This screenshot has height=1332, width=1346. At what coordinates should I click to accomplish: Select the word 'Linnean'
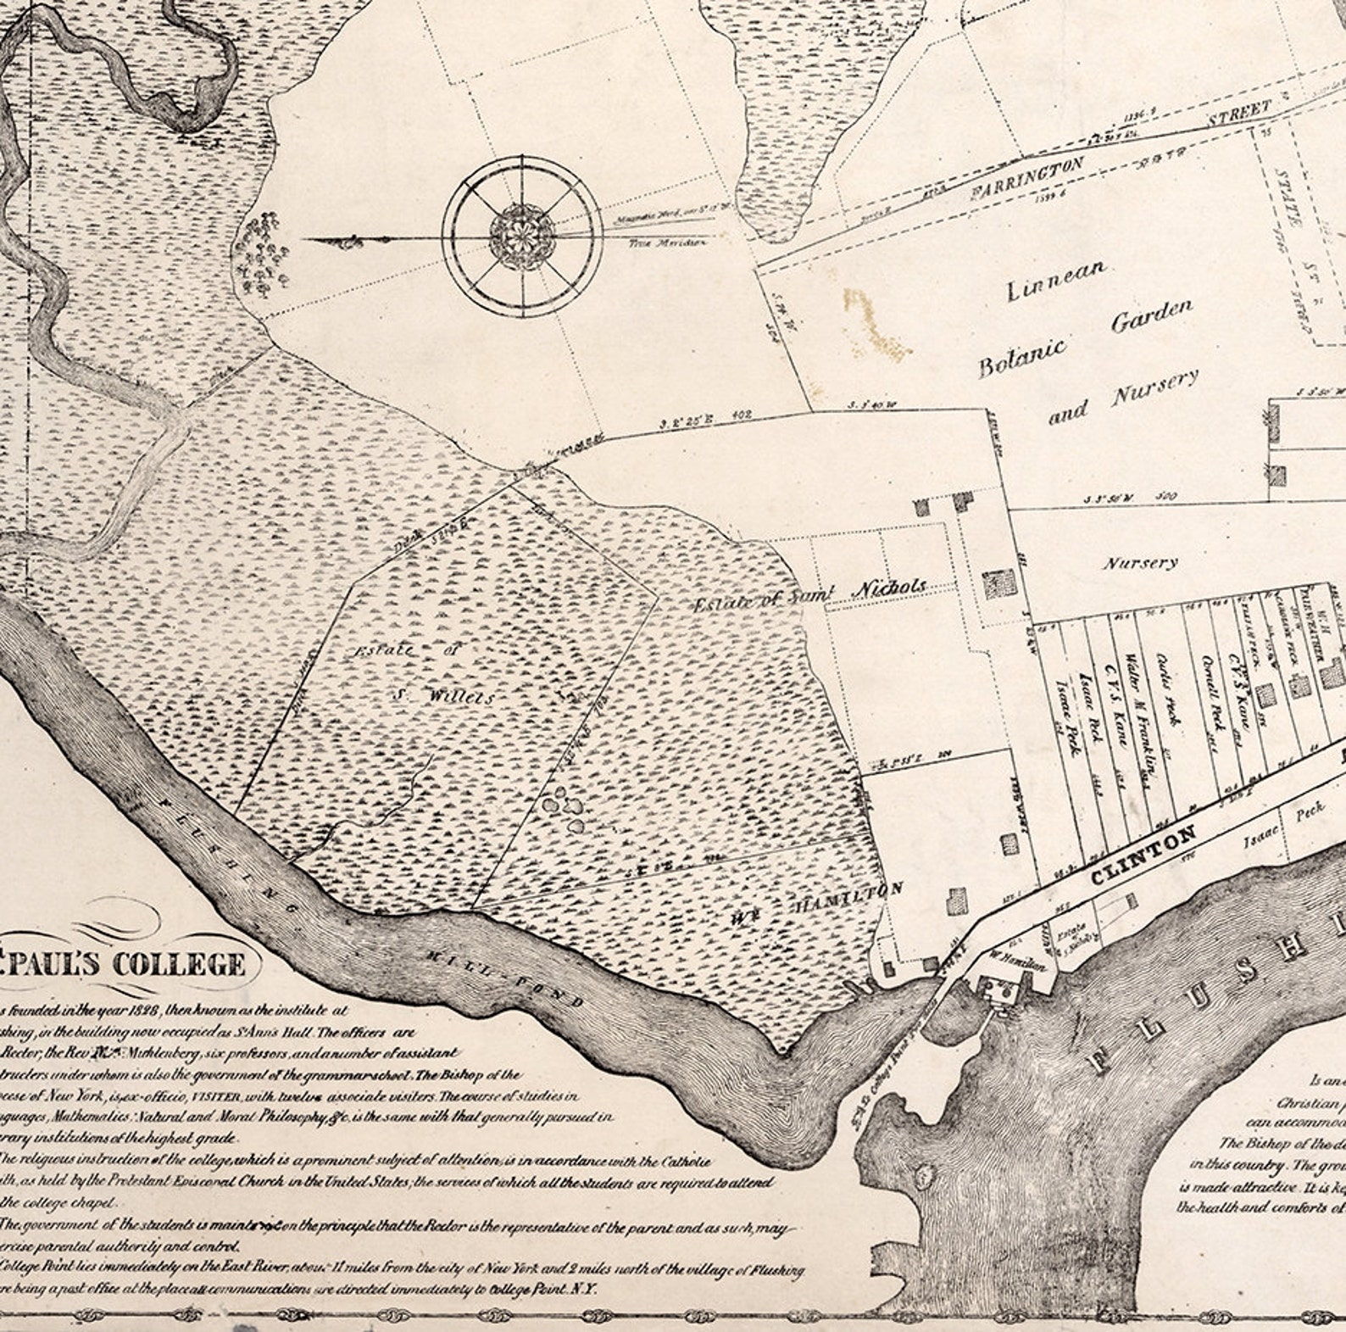[1055, 281]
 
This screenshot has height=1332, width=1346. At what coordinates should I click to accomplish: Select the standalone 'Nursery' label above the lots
[1139, 562]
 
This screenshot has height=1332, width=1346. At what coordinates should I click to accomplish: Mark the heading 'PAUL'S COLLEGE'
[127, 964]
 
